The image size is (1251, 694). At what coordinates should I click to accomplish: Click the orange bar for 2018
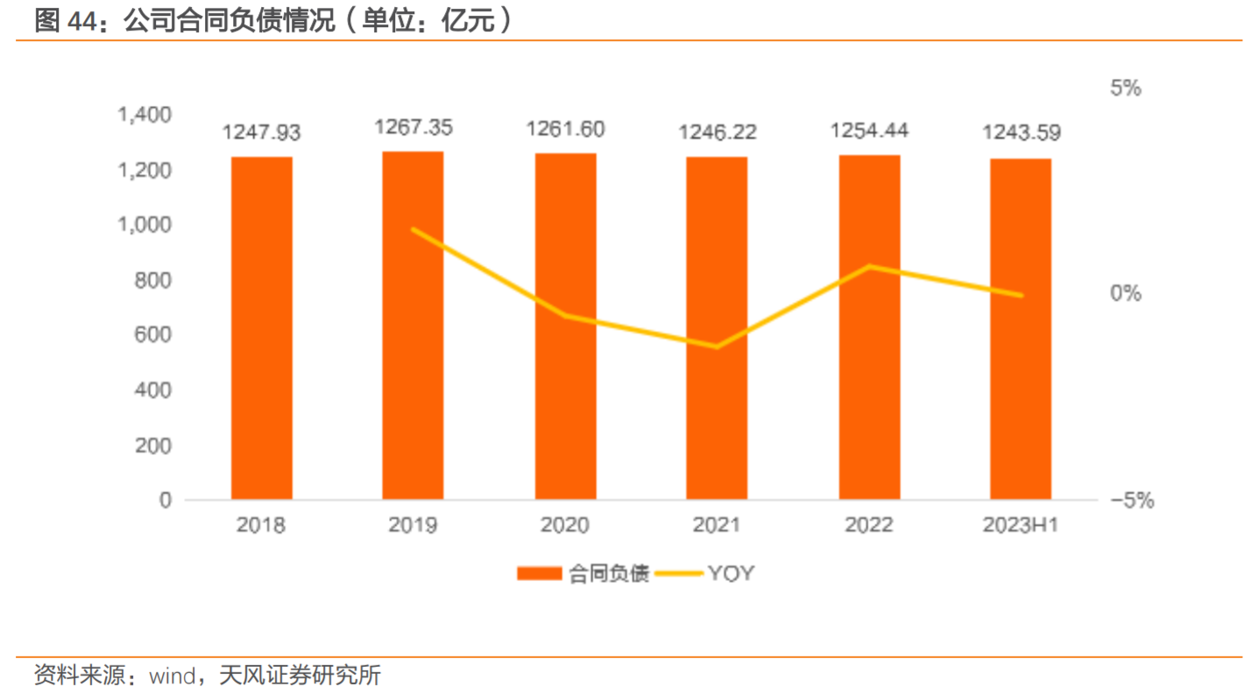(262, 328)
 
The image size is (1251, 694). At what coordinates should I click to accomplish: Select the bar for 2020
(566, 326)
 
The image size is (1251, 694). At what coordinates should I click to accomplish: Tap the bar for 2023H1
(1021, 329)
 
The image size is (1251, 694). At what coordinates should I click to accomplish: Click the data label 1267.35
(413, 128)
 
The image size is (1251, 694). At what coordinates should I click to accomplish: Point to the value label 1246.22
(717, 133)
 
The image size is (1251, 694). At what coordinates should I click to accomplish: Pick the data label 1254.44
(869, 131)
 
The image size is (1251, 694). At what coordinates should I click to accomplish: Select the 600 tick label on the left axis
(154, 335)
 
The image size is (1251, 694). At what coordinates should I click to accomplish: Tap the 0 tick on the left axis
(166, 501)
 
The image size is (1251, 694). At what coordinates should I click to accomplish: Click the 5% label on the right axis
(1126, 88)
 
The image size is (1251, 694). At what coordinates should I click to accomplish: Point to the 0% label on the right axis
(1126, 293)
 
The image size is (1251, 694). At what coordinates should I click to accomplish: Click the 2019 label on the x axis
(413, 525)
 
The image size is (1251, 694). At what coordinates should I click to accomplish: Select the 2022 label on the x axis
(869, 525)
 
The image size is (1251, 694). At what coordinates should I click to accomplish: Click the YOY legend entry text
(731, 574)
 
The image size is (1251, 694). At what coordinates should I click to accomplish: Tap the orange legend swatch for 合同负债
(539, 574)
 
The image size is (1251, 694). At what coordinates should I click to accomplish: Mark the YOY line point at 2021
(717, 347)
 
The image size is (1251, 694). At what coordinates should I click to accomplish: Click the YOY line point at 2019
(413, 229)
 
